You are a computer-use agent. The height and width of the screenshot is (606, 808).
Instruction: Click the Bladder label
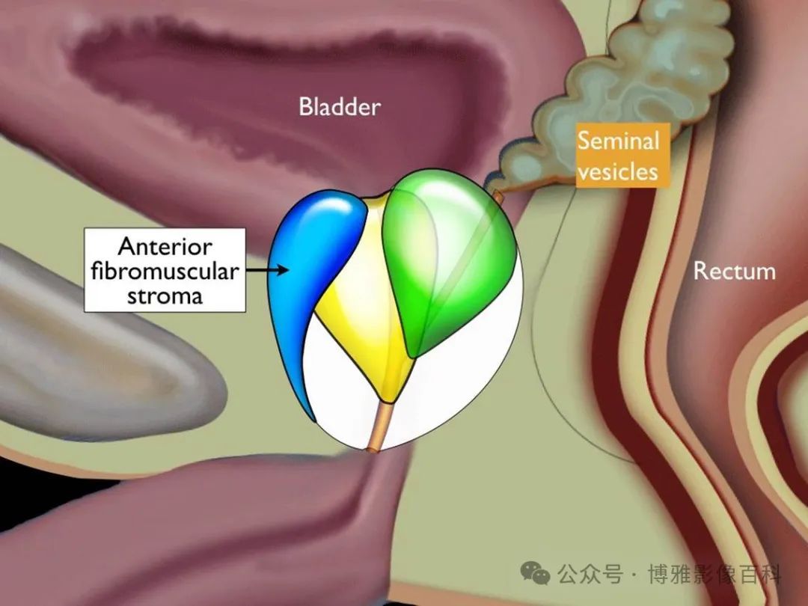[340, 107]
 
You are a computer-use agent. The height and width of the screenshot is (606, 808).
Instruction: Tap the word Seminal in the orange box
[619, 140]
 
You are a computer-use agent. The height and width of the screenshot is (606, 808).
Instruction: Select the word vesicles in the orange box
[618, 171]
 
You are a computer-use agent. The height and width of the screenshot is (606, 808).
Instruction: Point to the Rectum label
[735, 271]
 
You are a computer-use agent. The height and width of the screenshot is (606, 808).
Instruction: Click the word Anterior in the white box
[165, 246]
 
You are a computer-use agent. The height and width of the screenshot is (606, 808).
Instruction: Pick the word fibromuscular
[165, 271]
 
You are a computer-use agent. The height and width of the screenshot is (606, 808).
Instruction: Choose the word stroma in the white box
[165, 296]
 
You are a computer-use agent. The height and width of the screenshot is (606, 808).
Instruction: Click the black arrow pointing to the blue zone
[267, 269]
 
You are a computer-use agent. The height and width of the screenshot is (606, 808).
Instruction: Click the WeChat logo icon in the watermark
[535, 572]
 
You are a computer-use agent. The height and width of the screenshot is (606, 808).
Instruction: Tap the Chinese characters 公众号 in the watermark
[590, 574]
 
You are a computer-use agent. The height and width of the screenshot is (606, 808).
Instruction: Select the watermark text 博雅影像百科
[715, 574]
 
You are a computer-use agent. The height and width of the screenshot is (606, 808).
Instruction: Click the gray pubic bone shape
[103, 350]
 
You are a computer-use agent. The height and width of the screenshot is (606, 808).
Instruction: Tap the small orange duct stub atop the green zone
[498, 196]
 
